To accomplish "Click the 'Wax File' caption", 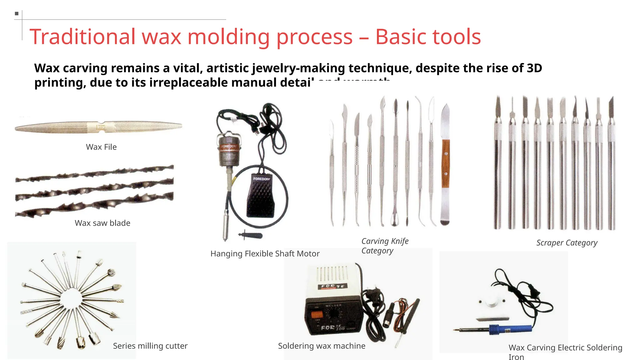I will pos(101,147).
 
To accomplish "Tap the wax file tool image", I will pos(98,127).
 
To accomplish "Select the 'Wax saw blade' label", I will pos(102,223).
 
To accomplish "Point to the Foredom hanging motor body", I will pos(229,150).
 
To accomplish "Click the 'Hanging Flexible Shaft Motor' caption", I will pos(265,254).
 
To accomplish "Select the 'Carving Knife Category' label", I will pos(385,246).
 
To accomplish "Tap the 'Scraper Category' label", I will pos(567,243).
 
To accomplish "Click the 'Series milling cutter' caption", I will pos(150,346).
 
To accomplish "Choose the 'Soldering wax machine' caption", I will pos(322,346).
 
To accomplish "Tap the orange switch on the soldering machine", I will pos(316,314).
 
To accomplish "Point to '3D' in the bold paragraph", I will pos(534,68).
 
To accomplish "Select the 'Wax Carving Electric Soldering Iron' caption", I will pos(565,352).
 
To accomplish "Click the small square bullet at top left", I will pos(17,13).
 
